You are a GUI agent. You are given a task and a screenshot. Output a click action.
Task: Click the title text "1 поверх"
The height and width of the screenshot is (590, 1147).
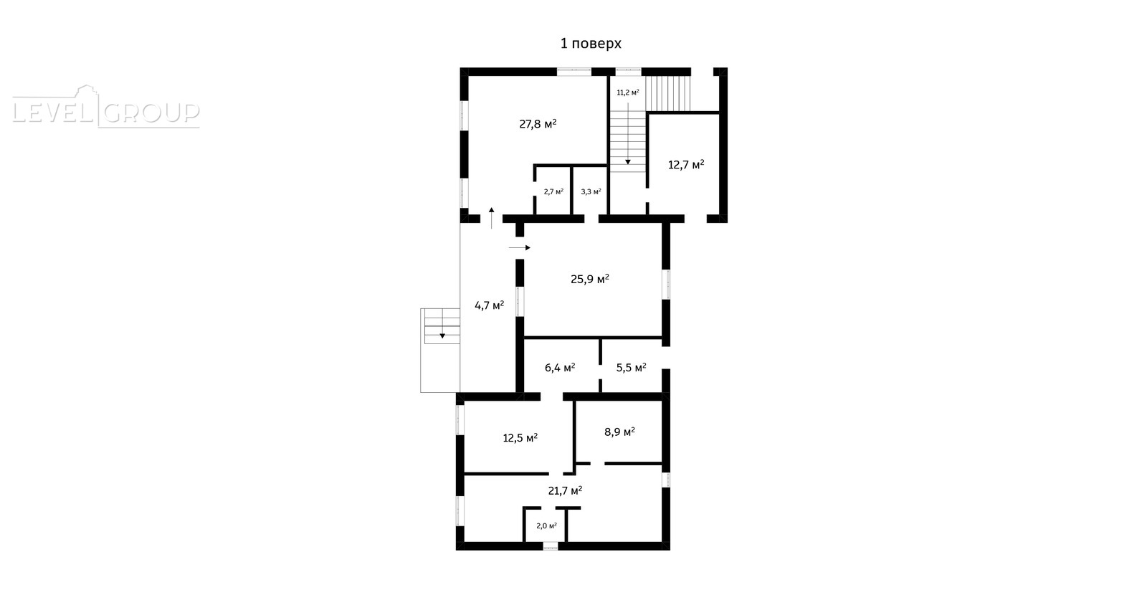(591, 44)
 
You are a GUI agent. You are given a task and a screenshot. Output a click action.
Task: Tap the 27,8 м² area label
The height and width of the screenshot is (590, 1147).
(538, 124)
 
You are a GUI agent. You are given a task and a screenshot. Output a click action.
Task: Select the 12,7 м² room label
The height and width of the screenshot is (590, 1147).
(686, 164)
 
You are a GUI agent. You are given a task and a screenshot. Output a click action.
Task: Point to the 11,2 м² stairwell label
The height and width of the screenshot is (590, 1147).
(628, 92)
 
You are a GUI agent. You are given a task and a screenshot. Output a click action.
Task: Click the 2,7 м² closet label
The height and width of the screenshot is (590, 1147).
(553, 191)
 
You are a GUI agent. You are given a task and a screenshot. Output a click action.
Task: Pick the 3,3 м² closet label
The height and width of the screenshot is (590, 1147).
(591, 191)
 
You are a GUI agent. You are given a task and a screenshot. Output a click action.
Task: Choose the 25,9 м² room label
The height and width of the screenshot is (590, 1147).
(590, 279)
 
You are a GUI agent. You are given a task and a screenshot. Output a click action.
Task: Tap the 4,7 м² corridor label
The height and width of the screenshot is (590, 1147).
(490, 306)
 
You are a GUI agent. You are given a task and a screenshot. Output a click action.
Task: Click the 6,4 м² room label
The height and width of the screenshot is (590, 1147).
(560, 368)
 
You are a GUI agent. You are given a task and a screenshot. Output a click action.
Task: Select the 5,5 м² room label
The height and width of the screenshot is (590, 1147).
(631, 368)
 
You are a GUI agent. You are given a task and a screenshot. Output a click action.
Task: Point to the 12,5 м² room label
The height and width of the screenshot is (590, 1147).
(520, 438)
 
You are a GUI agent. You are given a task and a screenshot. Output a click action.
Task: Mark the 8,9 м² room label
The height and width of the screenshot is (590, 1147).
(619, 432)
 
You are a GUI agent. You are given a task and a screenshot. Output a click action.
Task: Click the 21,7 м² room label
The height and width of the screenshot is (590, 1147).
(566, 490)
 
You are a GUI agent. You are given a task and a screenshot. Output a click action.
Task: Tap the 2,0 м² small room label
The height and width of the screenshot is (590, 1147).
(546, 525)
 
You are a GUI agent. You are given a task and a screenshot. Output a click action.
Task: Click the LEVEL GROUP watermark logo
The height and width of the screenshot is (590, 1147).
(106, 107)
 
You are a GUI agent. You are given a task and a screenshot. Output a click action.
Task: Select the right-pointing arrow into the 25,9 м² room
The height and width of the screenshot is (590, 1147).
(519, 248)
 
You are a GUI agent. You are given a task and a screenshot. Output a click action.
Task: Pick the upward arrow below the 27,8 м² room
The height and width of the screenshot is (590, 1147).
(492, 218)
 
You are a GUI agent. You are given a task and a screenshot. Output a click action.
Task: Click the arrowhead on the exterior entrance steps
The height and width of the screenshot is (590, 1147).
(442, 336)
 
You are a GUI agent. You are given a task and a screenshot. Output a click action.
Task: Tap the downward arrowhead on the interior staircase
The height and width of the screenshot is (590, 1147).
(628, 162)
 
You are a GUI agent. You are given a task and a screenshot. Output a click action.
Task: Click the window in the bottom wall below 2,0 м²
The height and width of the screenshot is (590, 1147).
(551, 546)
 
